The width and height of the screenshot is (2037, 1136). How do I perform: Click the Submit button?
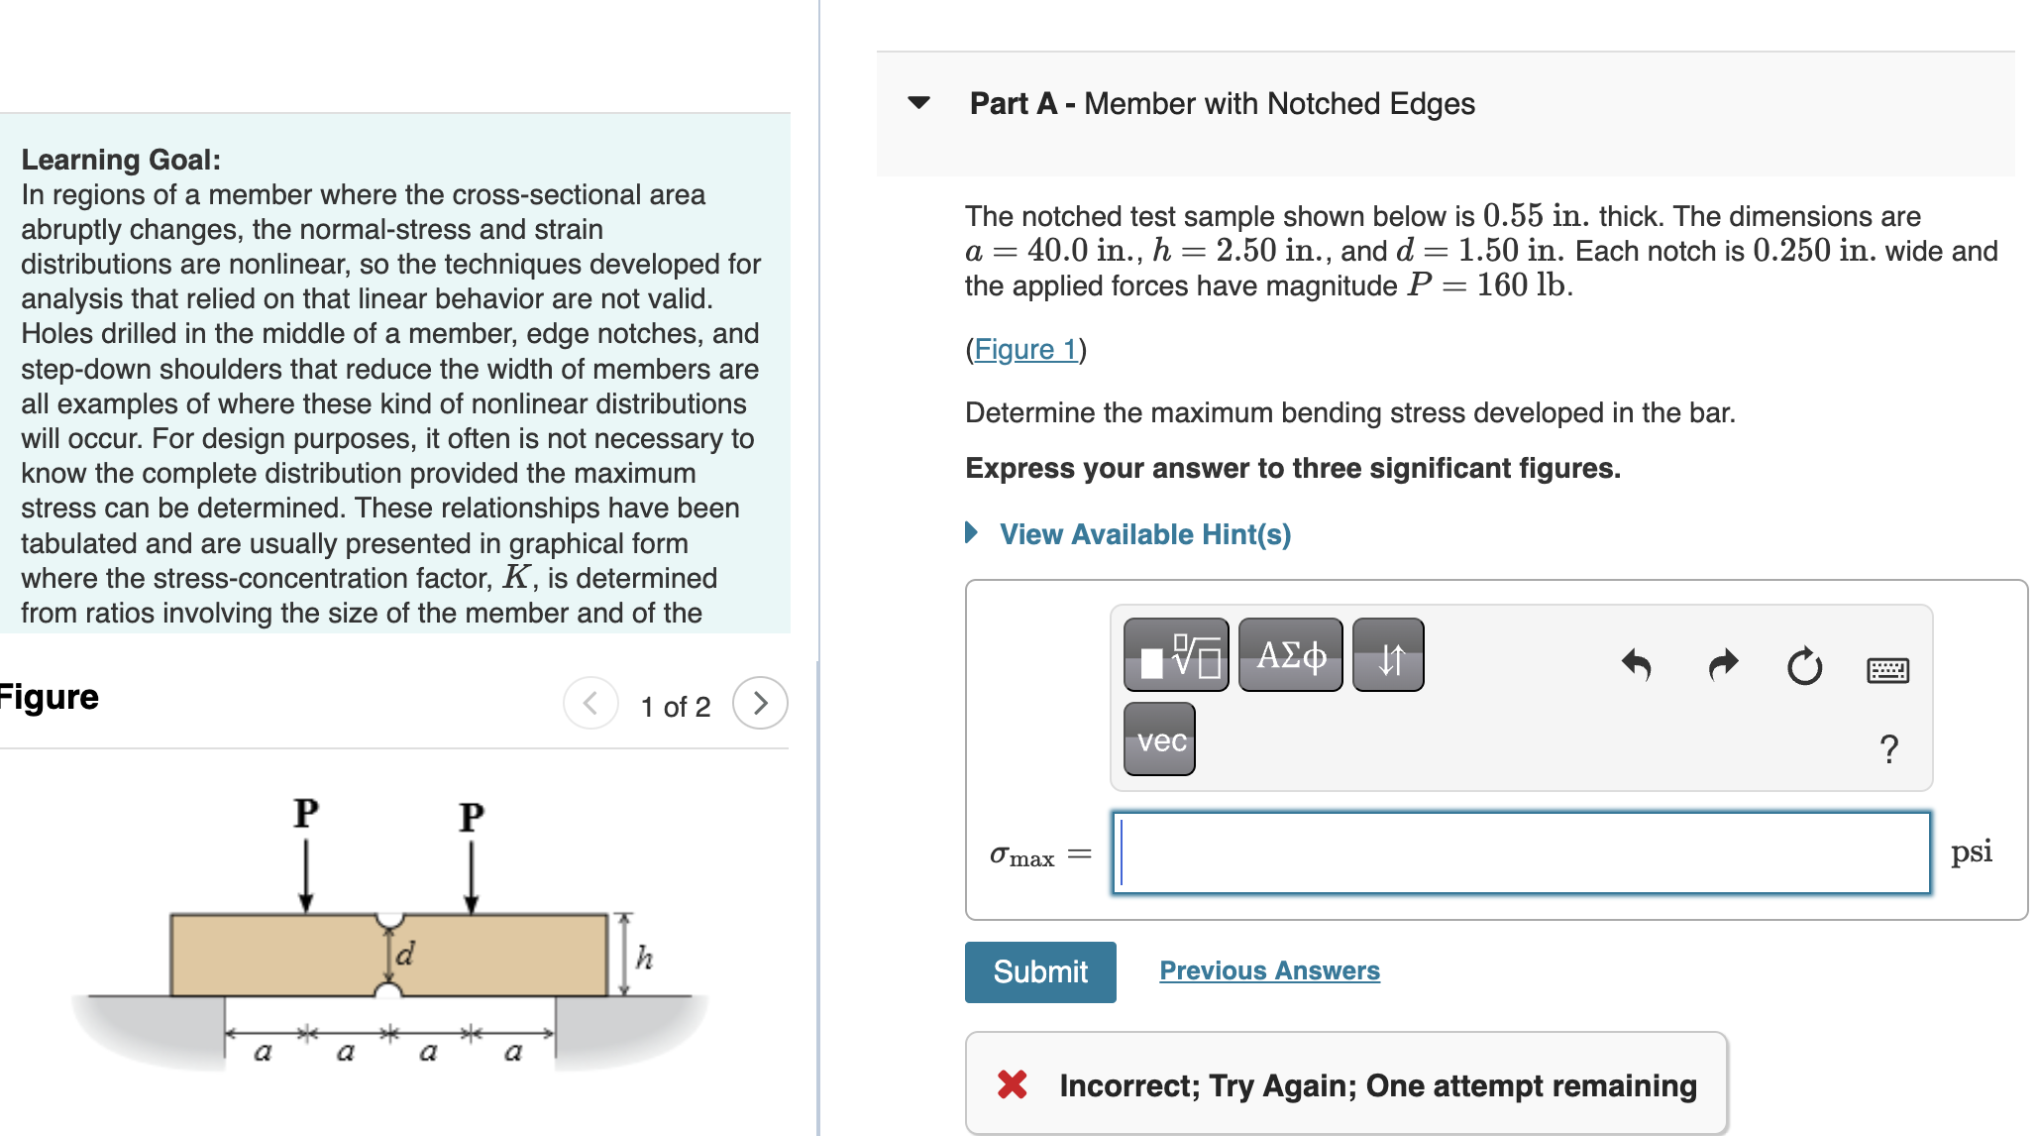click(x=1039, y=971)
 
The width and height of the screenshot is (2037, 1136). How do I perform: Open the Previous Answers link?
click(x=1268, y=970)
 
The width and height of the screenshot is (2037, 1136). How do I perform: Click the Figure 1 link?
click(x=1025, y=349)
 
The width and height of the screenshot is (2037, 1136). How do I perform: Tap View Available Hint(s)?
click(x=1144, y=534)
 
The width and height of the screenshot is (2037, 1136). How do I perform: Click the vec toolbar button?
click(x=1159, y=739)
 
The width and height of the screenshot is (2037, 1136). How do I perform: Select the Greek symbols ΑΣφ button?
click(x=1290, y=655)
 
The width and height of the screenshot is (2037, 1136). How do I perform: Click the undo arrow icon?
click(x=1637, y=665)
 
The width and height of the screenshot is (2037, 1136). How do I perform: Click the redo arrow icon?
click(x=1723, y=665)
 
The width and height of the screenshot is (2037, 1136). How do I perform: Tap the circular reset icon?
click(x=1804, y=666)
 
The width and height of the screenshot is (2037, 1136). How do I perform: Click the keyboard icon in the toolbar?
click(x=1887, y=670)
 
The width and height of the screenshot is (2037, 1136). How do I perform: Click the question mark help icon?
click(x=1888, y=748)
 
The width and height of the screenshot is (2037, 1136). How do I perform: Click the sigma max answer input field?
click(x=1521, y=853)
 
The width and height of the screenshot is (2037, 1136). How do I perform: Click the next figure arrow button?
click(x=760, y=704)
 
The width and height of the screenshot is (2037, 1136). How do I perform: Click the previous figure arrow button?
click(x=590, y=704)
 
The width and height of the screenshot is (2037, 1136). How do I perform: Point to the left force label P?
click(x=306, y=814)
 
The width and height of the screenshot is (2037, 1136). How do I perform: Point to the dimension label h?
click(x=644, y=958)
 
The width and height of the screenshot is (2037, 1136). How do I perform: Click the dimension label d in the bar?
click(x=404, y=954)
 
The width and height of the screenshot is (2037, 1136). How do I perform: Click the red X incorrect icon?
click(x=1012, y=1084)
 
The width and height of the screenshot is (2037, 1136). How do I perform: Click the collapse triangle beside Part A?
click(x=918, y=102)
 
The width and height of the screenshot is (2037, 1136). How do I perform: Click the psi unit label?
click(x=1971, y=852)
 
